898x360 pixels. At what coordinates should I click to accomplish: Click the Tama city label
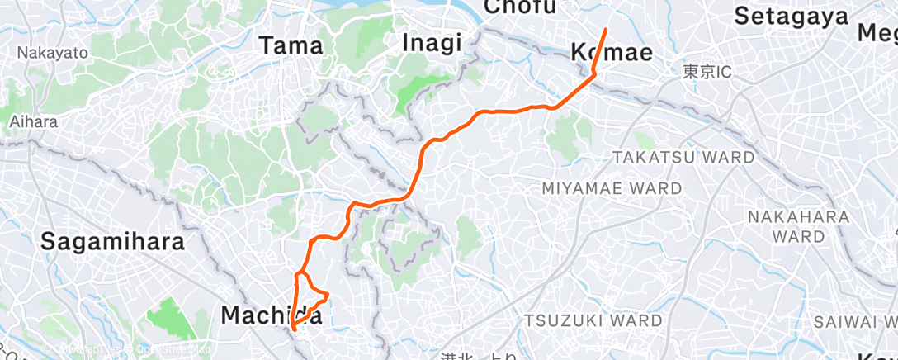[291, 46]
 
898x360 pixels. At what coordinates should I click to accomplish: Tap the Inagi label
[432, 43]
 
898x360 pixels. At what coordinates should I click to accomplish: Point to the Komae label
[612, 53]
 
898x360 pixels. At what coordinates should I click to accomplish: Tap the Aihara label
[34, 121]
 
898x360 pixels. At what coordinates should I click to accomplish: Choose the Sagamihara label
[113, 242]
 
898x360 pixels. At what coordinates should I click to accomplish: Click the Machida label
[272, 315]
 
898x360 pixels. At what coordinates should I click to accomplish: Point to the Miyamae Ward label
[612, 188]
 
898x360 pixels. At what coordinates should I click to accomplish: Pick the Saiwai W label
[854, 320]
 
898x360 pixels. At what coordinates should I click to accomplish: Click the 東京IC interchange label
[707, 73]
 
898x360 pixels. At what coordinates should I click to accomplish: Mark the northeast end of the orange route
[606, 30]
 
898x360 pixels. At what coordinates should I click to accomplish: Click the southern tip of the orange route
[294, 329]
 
